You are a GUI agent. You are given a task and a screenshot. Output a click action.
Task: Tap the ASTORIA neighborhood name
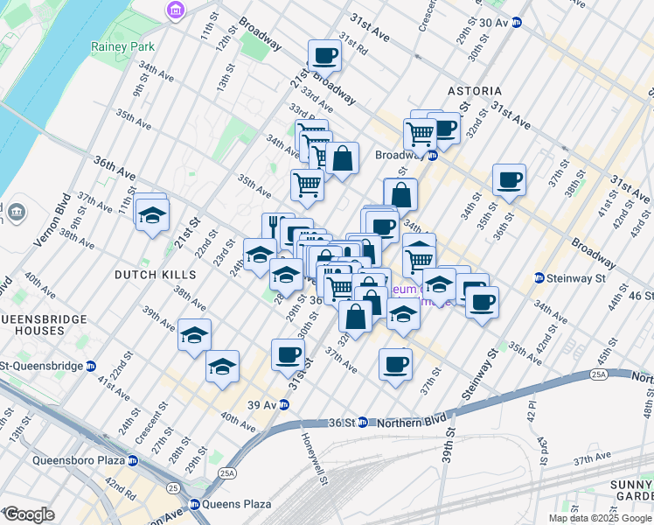click(475, 91)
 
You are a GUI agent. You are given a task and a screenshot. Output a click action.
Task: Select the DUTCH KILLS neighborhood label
click(154, 274)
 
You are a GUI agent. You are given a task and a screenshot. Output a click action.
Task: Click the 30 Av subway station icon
click(517, 23)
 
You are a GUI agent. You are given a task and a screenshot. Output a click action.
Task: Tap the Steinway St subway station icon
click(541, 279)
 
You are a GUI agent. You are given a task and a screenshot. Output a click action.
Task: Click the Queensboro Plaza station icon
click(132, 460)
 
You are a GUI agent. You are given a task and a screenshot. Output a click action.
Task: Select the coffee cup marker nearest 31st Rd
click(324, 55)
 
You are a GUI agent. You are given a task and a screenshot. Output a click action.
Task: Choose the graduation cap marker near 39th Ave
click(194, 335)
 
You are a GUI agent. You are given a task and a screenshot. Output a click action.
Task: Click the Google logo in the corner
click(28, 514)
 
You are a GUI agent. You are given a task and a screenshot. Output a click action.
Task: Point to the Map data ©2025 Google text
click(601, 518)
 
